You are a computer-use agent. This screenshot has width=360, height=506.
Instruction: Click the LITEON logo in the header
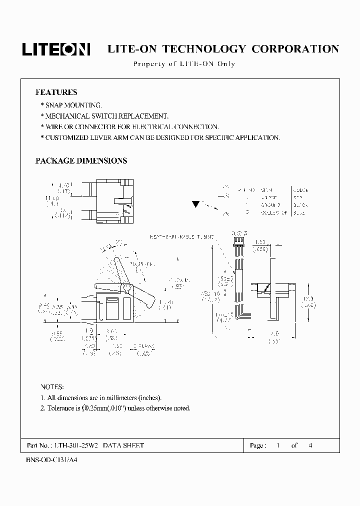pyautogui.click(x=55, y=48)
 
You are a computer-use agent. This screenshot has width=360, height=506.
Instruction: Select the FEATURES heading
pyautogui.click(x=56, y=92)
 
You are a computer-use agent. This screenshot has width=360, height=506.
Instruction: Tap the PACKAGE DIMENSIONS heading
pyautogui.click(x=81, y=161)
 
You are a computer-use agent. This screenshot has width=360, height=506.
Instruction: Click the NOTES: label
pyautogui.click(x=52, y=387)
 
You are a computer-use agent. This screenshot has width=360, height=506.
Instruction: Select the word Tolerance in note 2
pyautogui.click(x=62, y=408)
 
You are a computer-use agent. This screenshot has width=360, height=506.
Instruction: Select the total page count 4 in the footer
pyautogui.click(x=310, y=445)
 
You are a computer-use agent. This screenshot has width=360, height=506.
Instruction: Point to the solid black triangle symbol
pyautogui.click(x=196, y=204)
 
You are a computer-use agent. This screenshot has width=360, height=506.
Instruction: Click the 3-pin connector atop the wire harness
pyautogui.click(x=238, y=240)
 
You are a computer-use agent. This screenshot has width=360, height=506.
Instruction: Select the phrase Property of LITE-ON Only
pyautogui.click(x=183, y=64)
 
